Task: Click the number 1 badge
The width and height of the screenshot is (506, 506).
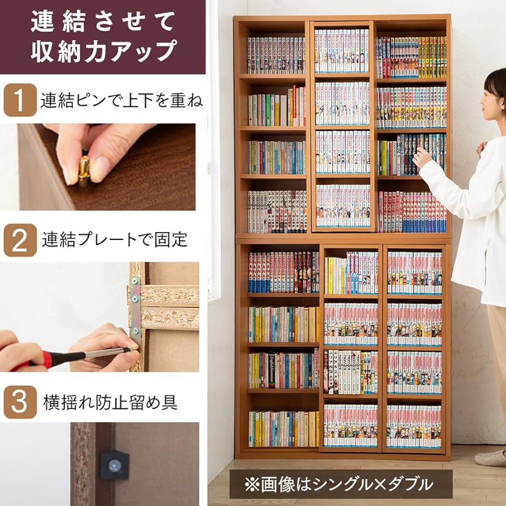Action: click(19, 100)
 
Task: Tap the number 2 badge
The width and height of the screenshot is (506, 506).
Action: click(19, 240)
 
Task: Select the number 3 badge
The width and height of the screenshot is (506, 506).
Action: click(19, 402)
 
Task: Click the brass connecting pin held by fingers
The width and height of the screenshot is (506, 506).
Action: click(84, 171)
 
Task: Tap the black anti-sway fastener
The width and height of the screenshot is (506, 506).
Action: click(115, 465)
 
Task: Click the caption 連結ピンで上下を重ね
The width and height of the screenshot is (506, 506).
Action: click(121, 101)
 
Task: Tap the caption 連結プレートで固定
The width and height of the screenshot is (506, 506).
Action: click(114, 240)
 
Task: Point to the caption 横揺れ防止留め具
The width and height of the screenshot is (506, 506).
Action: click(110, 402)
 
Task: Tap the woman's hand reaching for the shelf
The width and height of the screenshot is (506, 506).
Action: click(422, 157)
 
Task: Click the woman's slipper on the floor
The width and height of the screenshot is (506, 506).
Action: click(491, 457)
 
